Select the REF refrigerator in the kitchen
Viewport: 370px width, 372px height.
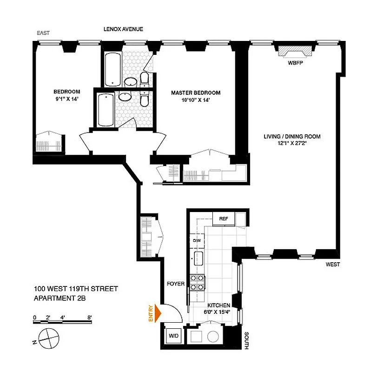point(224,219)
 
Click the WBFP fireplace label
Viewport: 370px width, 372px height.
point(295,63)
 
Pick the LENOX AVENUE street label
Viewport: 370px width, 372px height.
point(123,29)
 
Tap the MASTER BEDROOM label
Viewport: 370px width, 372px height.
point(195,93)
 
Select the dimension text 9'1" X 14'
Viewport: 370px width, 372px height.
point(66,99)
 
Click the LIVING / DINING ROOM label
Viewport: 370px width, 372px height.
point(292,137)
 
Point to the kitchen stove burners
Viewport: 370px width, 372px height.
point(198,283)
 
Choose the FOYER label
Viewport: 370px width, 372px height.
point(176,283)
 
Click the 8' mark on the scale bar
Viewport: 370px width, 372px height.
point(89,318)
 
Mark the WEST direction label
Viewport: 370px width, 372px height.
point(333,264)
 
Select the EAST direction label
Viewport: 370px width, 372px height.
point(43,33)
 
